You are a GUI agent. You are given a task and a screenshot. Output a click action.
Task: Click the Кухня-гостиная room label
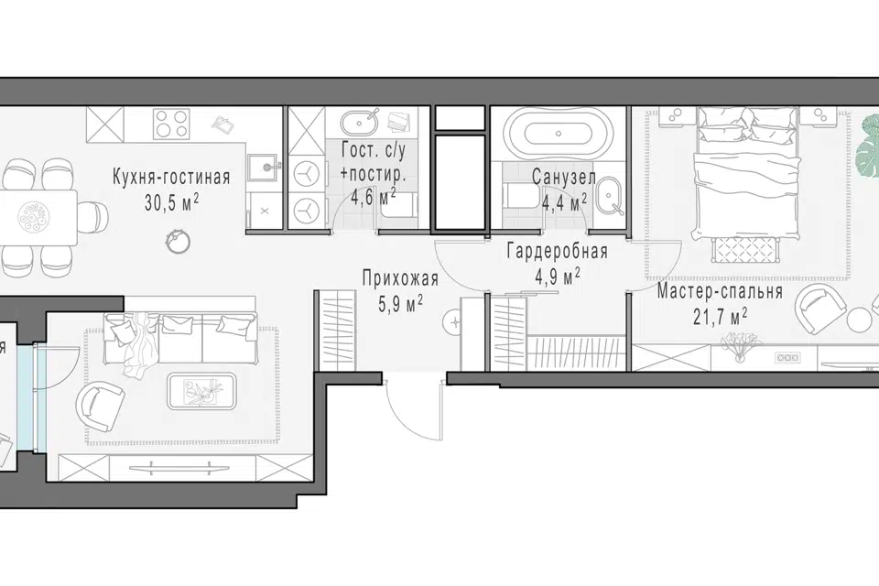click(x=171, y=178)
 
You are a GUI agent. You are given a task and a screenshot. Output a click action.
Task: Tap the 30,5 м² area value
click(x=171, y=202)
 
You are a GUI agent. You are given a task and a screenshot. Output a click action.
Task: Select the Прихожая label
click(x=400, y=278)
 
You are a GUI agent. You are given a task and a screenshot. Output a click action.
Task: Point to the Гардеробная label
click(x=558, y=251)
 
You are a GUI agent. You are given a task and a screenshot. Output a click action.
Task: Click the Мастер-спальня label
click(x=720, y=292)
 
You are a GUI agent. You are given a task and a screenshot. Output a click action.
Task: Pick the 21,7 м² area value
click(x=720, y=318)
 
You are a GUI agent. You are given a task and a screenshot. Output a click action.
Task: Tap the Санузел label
click(x=563, y=178)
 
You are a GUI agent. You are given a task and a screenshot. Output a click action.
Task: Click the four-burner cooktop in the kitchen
click(x=171, y=124)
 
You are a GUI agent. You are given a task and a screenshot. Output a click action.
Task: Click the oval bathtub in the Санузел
click(x=558, y=134)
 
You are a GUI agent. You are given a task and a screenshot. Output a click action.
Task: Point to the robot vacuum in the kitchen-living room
click(x=178, y=240)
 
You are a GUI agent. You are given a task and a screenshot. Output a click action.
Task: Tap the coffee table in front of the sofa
click(x=202, y=390)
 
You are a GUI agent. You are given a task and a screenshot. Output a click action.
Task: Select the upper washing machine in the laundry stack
click(x=306, y=174)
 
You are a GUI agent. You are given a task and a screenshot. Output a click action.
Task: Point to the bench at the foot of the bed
click(x=745, y=249)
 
